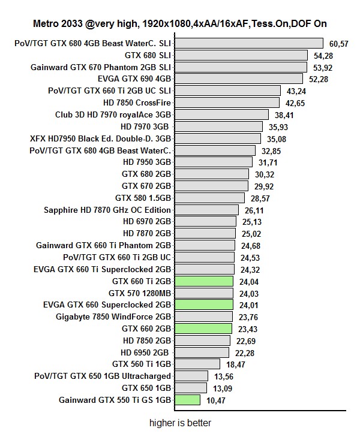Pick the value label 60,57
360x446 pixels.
tap(339, 44)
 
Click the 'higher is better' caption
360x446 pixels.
tap(181, 423)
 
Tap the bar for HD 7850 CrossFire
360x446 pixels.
tap(227, 103)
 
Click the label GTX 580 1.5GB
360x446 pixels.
tap(143, 198)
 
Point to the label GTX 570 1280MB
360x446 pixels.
tap(140, 293)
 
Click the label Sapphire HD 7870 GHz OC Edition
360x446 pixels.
tap(107, 210)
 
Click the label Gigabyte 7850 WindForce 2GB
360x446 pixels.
tap(113, 317)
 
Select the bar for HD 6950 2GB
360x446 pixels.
tap(202, 352)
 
